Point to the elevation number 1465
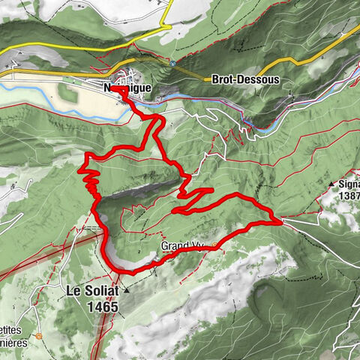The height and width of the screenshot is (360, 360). pos(102,306)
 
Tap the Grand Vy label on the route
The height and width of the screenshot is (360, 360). pos(182,246)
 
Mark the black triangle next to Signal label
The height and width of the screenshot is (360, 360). pos(330,182)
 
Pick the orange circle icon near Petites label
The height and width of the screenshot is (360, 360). pos(38,316)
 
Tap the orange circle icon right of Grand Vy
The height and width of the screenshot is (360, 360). pos(215,244)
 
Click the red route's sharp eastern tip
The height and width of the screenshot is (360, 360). pos(281,221)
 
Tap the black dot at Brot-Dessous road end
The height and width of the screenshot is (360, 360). pos(207,78)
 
